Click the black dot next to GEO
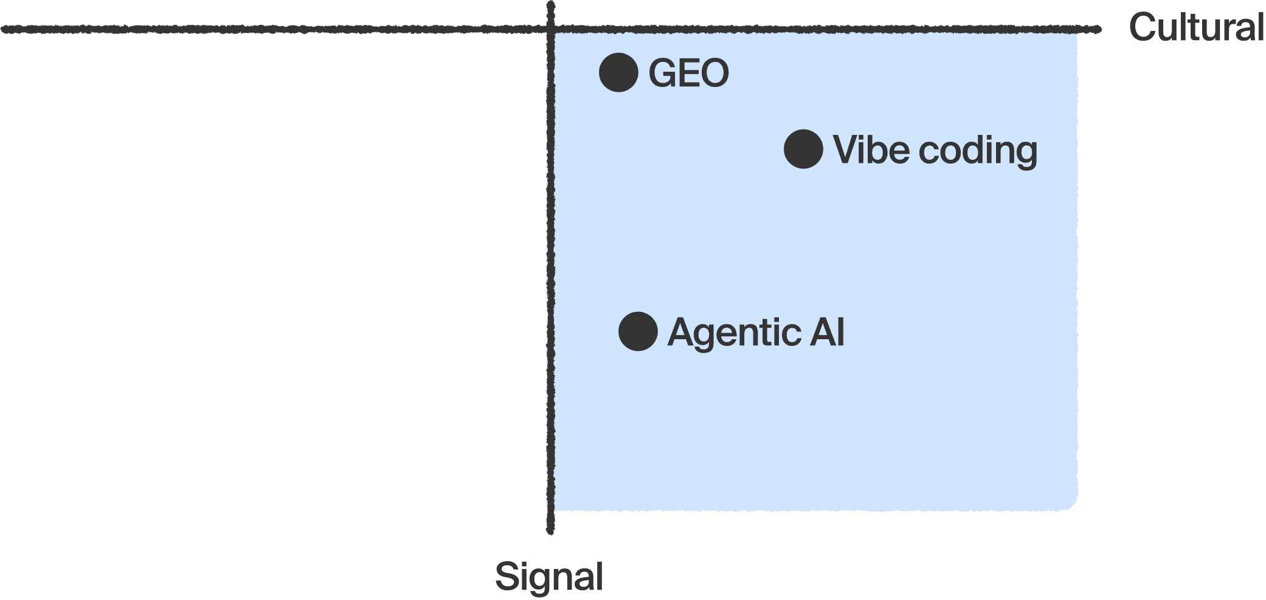(x=618, y=73)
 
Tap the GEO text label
(x=688, y=74)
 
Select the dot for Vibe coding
(x=803, y=149)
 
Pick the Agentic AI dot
(x=638, y=332)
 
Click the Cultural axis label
(x=1196, y=28)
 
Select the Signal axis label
(x=548, y=576)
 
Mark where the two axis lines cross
(x=551, y=29)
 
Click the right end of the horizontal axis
(x=1098, y=29)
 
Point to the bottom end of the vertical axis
(x=551, y=531)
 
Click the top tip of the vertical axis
(x=551, y=4)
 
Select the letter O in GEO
(x=715, y=74)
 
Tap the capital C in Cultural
(x=1143, y=28)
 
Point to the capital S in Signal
(x=507, y=576)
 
